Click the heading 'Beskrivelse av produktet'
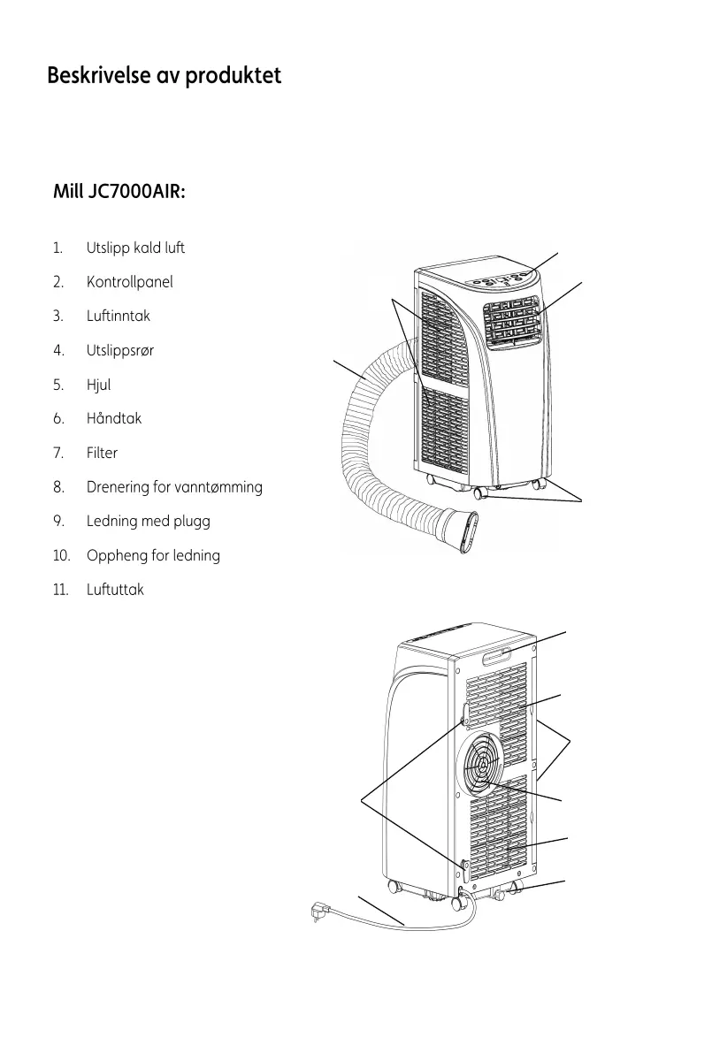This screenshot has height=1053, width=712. coord(164,76)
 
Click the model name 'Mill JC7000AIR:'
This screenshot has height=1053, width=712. coord(119,192)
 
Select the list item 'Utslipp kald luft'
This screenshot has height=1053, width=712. coord(135,248)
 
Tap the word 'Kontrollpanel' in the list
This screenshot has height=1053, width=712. coord(129,282)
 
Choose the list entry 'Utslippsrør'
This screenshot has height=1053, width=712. coord(119,350)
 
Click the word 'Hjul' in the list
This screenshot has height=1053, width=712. coord(98,385)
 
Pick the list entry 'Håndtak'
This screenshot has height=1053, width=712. coord(113,418)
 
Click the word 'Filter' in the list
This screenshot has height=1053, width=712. coord(102,453)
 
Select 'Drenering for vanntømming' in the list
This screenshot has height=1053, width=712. coord(174,487)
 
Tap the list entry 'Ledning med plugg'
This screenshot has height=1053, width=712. coord(148,521)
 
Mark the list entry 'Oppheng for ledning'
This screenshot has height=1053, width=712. coord(153,555)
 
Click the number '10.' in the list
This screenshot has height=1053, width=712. coord(61,555)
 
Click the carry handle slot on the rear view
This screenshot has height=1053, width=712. coord(499,657)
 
